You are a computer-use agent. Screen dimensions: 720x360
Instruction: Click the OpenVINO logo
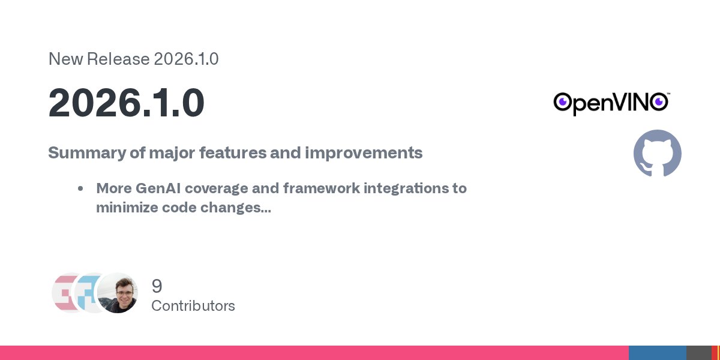click(x=611, y=103)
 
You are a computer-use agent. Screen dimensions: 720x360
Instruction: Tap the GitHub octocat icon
click(x=658, y=154)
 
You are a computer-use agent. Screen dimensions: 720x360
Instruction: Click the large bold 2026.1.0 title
click(x=127, y=103)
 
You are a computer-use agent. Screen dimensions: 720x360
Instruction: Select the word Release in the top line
click(x=118, y=59)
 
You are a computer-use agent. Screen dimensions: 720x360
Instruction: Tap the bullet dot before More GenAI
click(x=80, y=188)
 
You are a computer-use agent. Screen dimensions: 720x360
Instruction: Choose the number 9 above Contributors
click(x=157, y=286)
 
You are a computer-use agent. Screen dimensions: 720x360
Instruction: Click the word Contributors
click(x=193, y=305)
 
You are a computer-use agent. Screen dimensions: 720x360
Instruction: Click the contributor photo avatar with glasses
click(x=118, y=293)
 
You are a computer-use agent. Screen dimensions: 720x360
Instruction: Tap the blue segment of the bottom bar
click(x=658, y=353)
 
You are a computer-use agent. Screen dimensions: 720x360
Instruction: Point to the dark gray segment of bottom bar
click(x=699, y=353)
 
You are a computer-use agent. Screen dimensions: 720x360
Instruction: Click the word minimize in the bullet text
click(x=127, y=208)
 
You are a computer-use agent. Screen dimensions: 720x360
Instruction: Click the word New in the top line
click(x=65, y=59)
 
